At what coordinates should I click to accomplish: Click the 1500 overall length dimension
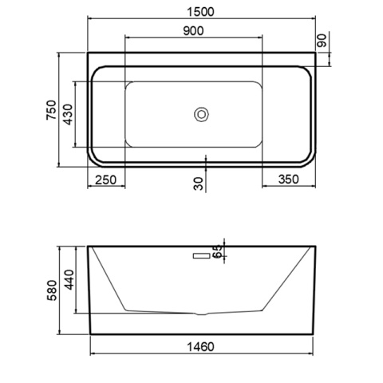200,12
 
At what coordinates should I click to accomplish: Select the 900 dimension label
193,31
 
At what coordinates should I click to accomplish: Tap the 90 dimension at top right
322,41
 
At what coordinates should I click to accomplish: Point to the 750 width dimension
52,109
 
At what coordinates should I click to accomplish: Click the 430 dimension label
68,114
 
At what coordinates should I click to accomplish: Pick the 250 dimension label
105,180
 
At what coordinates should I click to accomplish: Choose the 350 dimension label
289,180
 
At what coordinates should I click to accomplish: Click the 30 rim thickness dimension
199,184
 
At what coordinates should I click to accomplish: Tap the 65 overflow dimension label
218,251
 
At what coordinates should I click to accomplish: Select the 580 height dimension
52,290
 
